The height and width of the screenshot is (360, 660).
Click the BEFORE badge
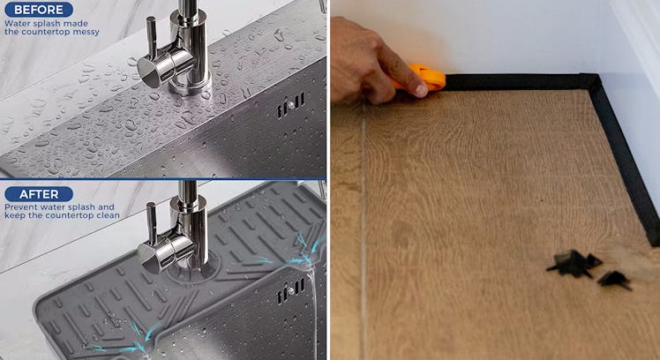pos(39,9)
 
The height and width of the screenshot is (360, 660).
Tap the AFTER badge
pos(39,194)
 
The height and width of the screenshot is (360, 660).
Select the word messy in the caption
pos(86,32)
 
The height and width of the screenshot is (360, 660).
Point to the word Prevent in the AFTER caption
pos(19,207)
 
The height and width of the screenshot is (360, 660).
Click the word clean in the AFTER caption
pos(109,215)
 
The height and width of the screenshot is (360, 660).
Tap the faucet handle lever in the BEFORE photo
pos(151,37)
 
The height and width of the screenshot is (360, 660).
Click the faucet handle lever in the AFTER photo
pos(151,223)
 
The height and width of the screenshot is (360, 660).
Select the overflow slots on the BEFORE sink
pos(290,105)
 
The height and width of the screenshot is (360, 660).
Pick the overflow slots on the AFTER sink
pos(290,291)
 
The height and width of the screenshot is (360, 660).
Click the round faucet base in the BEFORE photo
pos(190,86)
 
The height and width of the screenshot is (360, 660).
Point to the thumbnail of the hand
pos(421,90)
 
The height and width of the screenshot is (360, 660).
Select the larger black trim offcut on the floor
pos(574,264)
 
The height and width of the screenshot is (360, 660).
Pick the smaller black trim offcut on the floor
pos(615,280)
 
